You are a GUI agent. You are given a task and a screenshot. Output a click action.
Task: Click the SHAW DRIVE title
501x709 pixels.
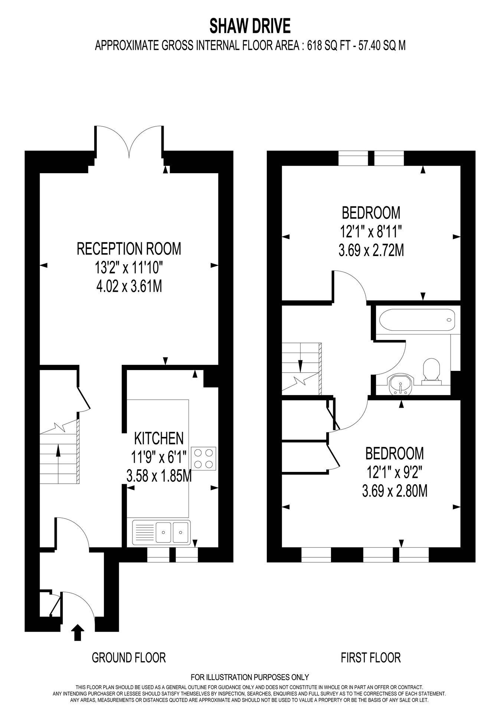(250, 26)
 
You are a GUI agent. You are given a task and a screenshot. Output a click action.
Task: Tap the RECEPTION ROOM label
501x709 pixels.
(129, 249)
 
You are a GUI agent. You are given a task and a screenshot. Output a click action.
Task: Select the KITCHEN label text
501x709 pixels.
(158, 438)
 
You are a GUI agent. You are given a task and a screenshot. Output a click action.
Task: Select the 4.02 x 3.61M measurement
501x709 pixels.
(129, 286)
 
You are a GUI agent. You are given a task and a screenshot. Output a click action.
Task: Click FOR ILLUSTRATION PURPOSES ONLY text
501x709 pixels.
(250, 677)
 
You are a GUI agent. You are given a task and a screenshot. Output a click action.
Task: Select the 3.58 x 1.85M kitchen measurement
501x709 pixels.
(159, 476)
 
